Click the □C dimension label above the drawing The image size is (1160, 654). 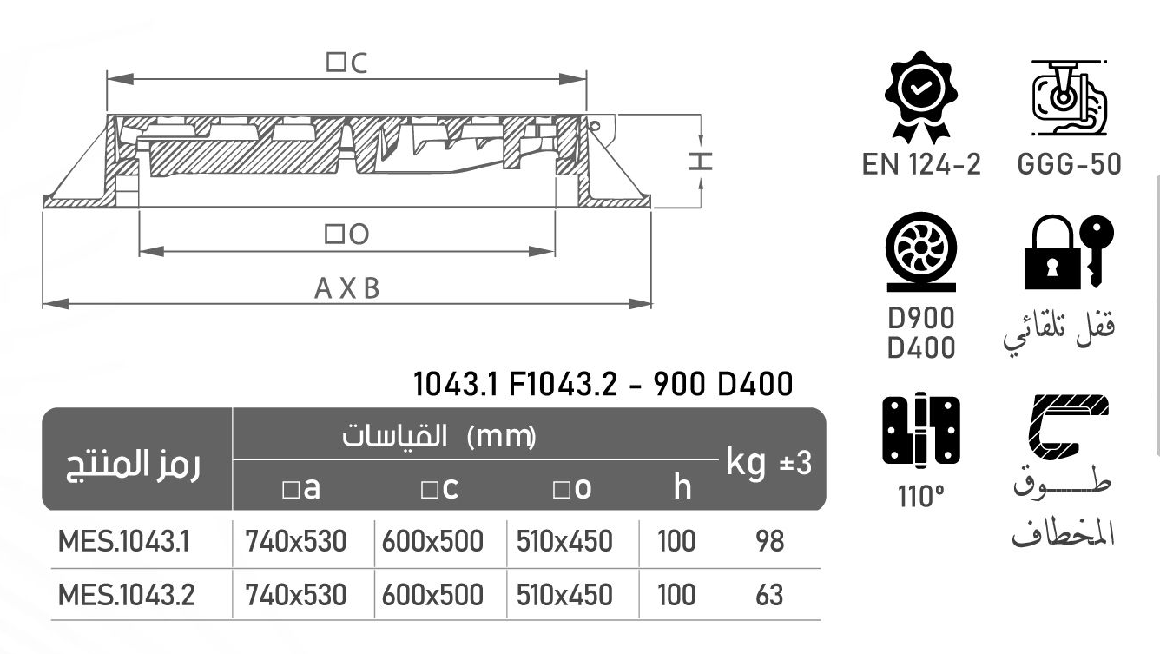point(347,63)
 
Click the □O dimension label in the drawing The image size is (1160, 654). point(347,234)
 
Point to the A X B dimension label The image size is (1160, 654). point(347,288)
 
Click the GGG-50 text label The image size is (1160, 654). point(1069,164)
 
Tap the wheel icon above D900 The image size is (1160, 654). point(920,253)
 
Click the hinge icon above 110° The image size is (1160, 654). point(920,431)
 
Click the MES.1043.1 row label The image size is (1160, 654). point(123,542)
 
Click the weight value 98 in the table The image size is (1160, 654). point(769,542)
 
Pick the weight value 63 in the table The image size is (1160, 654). point(769,595)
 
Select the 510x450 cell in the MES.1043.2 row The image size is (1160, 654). point(564,595)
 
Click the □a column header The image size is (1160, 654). point(301,489)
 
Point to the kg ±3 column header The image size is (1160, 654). point(768,463)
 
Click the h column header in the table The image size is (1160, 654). point(682,488)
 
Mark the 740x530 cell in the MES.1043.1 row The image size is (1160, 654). point(296,542)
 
